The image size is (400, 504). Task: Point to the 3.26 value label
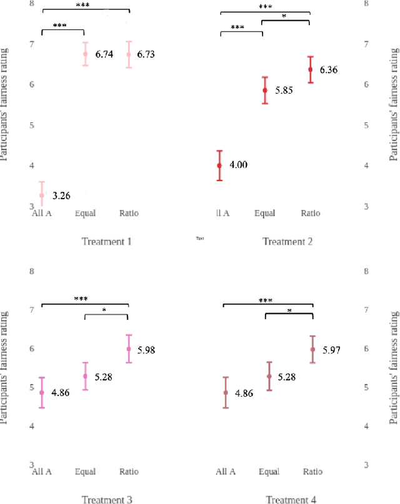pyautogui.click(x=61, y=196)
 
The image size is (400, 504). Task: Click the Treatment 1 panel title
pyautogui.click(x=107, y=242)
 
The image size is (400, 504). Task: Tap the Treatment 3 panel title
pyautogui.click(x=107, y=499)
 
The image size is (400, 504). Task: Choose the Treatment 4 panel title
pyautogui.click(x=291, y=499)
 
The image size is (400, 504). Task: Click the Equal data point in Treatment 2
pyautogui.click(x=265, y=91)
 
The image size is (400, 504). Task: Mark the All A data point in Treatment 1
pyautogui.click(x=42, y=195)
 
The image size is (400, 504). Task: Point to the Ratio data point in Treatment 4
pyautogui.click(x=312, y=350)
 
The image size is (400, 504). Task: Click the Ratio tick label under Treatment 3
pyautogui.click(x=129, y=472)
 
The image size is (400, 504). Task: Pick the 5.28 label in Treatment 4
pyautogui.click(x=286, y=377)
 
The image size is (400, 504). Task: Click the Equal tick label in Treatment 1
pyautogui.click(x=85, y=214)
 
